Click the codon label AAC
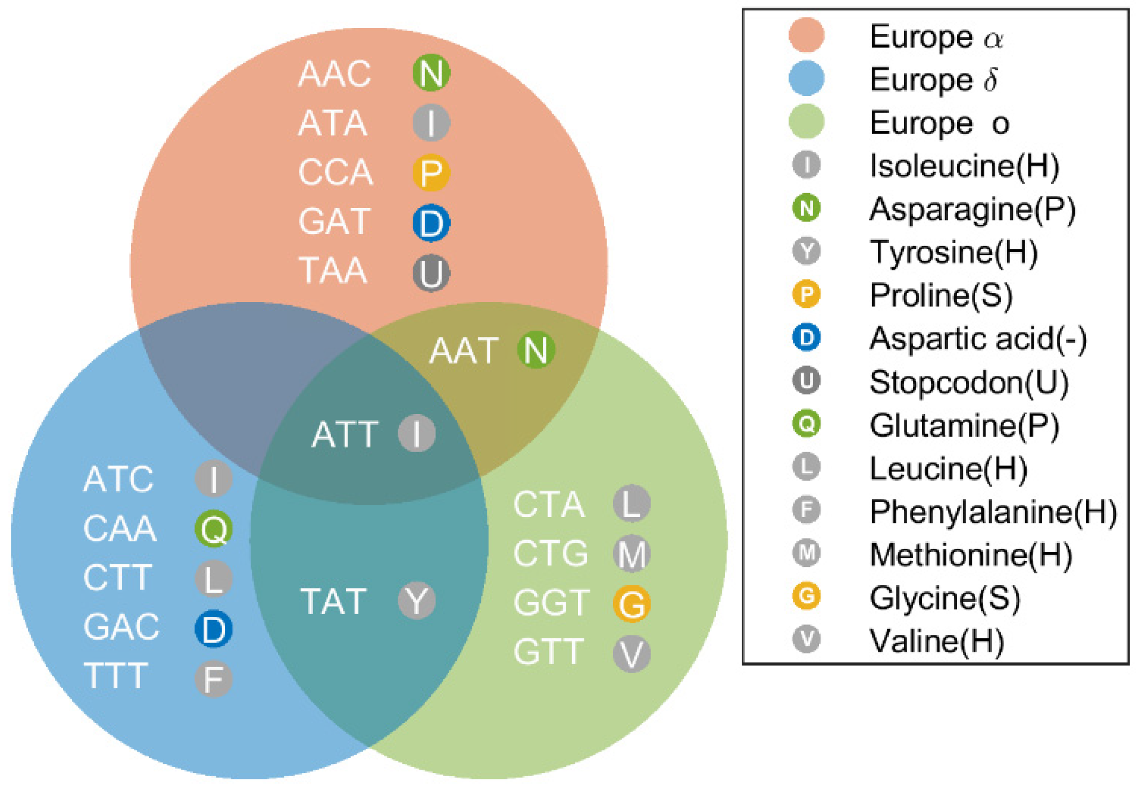pyautogui.click(x=334, y=73)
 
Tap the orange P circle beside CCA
pyautogui.click(x=431, y=173)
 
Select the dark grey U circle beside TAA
pyautogui.click(x=431, y=273)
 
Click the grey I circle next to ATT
pyautogui.click(x=417, y=433)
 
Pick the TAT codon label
pyautogui.click(x=333, y=601)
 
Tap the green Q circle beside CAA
pyautogui.click(x=214, y=528)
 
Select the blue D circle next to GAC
pyautogui.click(x=214, y=629)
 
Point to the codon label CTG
pyautogui.click(x=551, y=553)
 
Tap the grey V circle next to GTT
pyautogui.click(x=632, y=653)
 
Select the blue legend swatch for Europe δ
pyautogui.click(x=806, y=78)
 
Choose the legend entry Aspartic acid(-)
pyautogui.click(x=978, y=338)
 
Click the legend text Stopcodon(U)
pyautogui.click(x=969, y=382)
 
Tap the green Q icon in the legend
pyautogui.click(x=806, y=424)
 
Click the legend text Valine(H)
pyautogui.click(x=937, y=640)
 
